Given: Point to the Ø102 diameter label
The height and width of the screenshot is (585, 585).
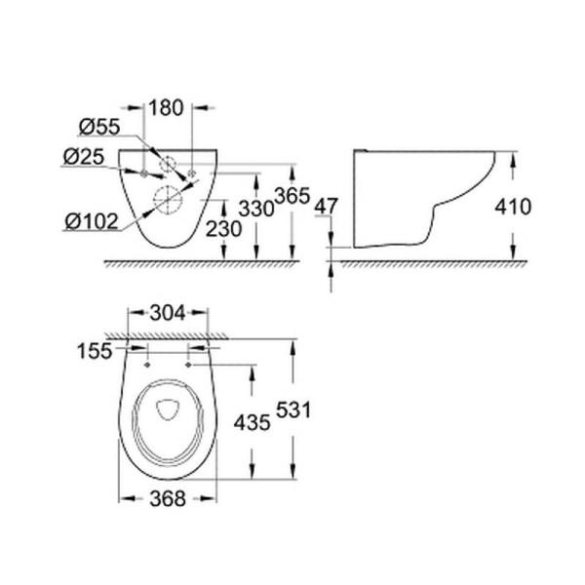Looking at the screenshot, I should click(x=90, y=221).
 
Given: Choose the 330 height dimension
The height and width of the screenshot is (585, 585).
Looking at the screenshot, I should click(x=255, y=208).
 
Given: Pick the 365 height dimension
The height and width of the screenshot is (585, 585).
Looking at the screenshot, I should click(x=292, y=196).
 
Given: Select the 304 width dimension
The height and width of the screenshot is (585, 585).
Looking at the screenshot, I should click(x=167, y=315).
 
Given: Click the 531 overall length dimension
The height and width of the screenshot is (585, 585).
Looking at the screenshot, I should click(x=292, y=410).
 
